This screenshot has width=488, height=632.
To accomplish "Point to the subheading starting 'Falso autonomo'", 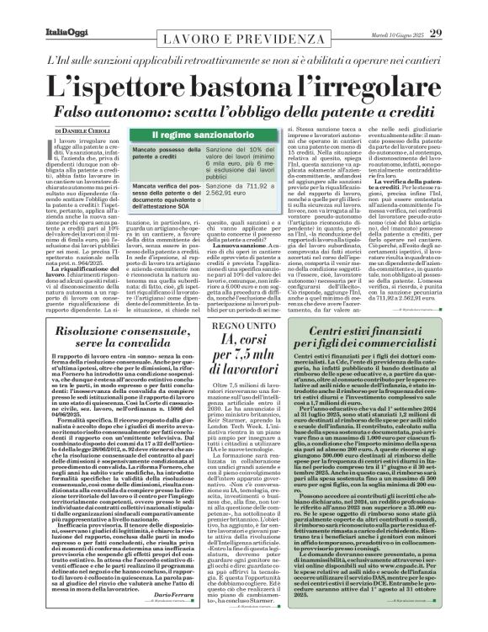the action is [x=244, y=112].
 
